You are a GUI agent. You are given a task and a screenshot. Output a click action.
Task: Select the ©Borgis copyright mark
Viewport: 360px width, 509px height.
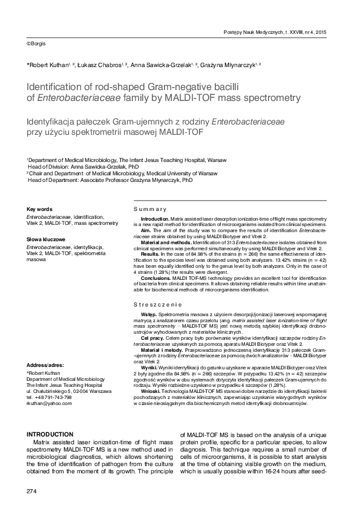pyautogui.click(x=36, y=44)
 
